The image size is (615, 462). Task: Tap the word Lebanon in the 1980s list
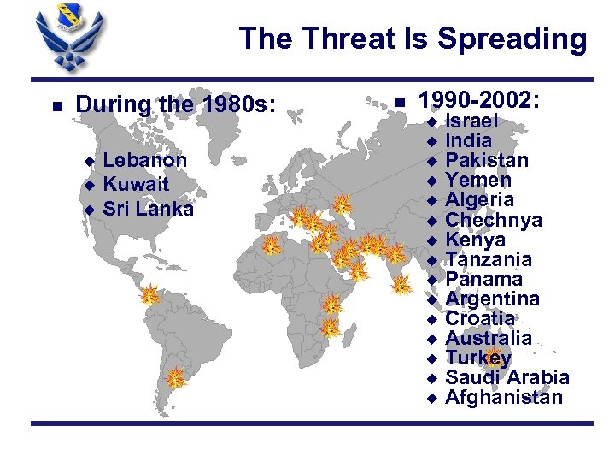144,160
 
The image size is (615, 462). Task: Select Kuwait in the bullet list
136,184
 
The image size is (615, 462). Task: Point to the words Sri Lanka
148,209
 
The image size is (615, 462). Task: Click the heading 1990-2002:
481,101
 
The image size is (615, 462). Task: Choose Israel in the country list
471,121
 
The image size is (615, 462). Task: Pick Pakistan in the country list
487,160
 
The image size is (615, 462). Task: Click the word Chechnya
494,220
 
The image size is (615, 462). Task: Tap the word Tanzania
489,259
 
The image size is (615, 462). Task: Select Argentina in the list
492,299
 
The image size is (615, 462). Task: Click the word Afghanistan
504,397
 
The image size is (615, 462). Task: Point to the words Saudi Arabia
507,377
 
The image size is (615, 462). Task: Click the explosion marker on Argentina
175,376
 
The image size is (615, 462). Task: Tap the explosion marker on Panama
150,296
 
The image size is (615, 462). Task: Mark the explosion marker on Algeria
271,246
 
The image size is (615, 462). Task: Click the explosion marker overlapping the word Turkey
494,358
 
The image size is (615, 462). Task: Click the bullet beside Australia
432,338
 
